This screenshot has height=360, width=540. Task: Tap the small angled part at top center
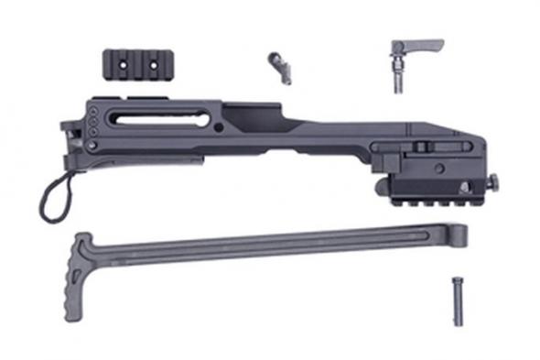point(279,65)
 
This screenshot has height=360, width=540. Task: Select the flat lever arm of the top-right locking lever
point(423,44)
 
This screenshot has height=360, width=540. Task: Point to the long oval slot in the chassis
point(159,117)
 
